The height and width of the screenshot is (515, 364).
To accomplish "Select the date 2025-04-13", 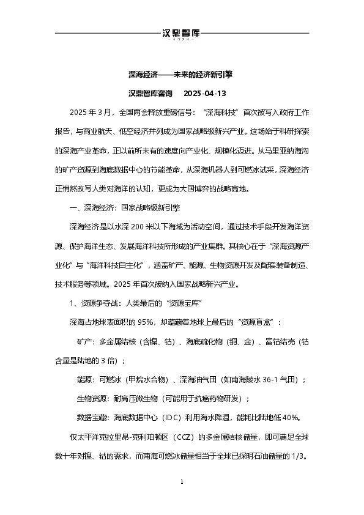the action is point(205,94).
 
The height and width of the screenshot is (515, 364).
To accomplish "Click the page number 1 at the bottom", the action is point(182,483).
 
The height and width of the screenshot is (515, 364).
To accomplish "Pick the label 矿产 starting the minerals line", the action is point(85,341).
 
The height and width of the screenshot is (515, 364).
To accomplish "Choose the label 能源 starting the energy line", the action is point(85,379).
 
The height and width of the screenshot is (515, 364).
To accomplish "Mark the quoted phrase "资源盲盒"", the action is point(259,322).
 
